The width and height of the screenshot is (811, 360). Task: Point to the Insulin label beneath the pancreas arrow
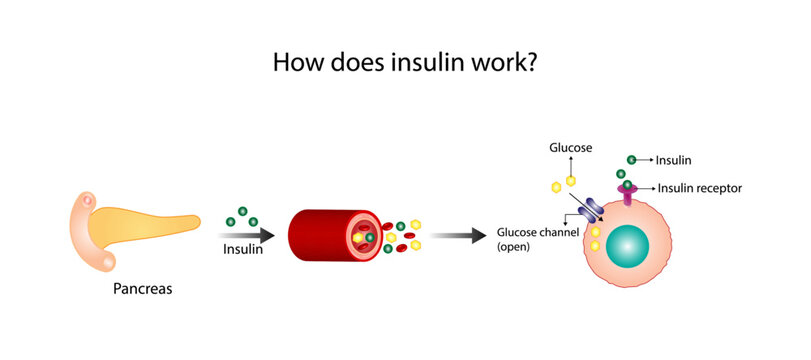(243, 250)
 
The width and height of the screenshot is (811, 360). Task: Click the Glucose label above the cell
(570, 148)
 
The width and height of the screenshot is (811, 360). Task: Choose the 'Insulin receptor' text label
(700, 187)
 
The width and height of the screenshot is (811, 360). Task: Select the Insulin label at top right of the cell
(674, 159)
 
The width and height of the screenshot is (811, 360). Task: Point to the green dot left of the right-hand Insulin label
(631, 159)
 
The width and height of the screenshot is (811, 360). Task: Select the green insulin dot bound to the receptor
(627, 184)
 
